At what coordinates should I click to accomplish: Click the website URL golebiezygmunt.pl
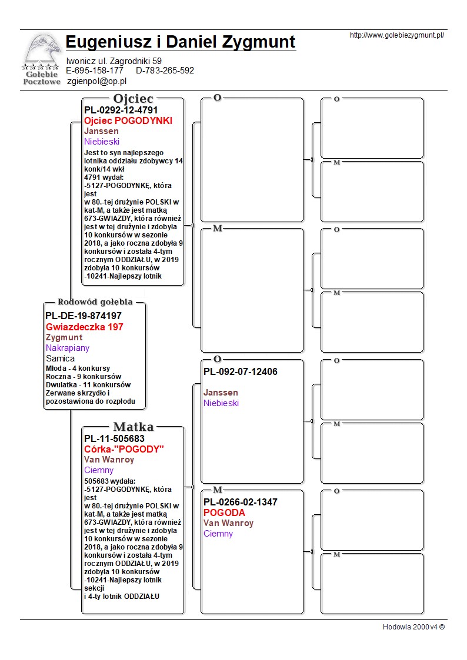tap(396, 35)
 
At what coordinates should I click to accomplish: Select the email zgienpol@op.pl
tap(97, 82)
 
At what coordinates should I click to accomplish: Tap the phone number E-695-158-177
tap(95, 71)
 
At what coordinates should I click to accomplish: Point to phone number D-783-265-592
tap(165, 71)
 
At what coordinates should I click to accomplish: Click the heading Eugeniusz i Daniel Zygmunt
tap(181, 42)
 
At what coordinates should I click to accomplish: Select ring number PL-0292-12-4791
tap(121, 110)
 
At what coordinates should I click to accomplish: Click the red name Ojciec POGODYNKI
tap(128, 120)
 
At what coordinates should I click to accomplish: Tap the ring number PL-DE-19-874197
tap(84, 316)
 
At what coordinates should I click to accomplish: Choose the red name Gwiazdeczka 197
tap(85, 327)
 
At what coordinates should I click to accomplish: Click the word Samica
tap(61, 359)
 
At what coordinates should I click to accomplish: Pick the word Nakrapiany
tap(68, 348)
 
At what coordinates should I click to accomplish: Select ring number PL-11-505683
tap(114, 438)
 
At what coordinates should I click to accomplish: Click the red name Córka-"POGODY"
tap(124, 449)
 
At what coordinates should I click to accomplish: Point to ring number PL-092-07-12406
tap(241, 371)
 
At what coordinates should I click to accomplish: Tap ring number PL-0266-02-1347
tap(241, 502)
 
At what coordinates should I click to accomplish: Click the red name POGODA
tap(224, 512)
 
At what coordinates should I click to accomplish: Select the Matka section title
tap(134, 427)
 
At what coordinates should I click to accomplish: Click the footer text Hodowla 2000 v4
tap(413, 627)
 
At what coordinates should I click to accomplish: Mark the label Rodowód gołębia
tap(95, 302)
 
